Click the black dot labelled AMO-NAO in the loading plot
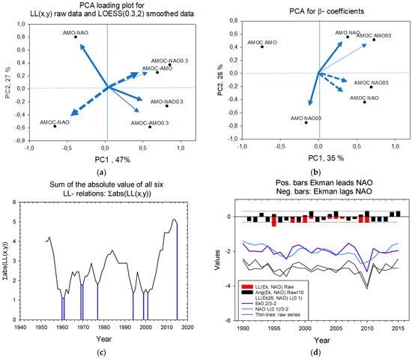click(x=75, y=37)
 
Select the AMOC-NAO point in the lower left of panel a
click(x=55, y=127)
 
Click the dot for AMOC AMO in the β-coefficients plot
click(x=262, y=47)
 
